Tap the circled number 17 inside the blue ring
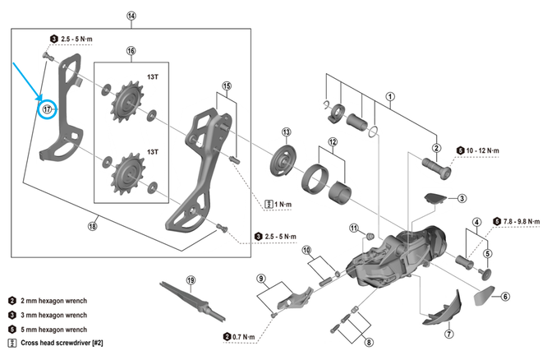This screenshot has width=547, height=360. (48, 108)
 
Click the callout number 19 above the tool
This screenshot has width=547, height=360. (191, 281)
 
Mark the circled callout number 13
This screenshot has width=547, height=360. (287, 133)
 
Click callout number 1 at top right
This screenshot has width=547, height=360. (390, 96)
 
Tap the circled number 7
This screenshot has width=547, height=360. (448, 335)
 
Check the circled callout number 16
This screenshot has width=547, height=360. (131, 51)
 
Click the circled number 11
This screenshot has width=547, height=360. (354, 228)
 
